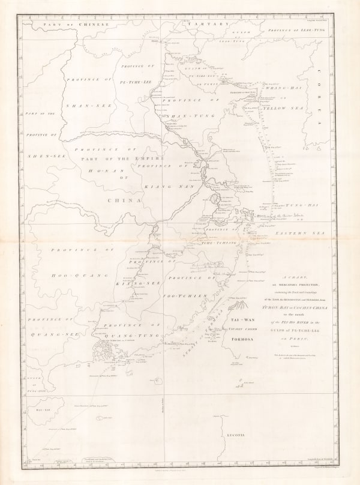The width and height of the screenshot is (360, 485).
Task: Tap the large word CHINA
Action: pyautogui.click(x=124, y=200)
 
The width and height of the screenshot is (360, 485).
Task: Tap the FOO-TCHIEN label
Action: pyautogui.click(x=187, y=296)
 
